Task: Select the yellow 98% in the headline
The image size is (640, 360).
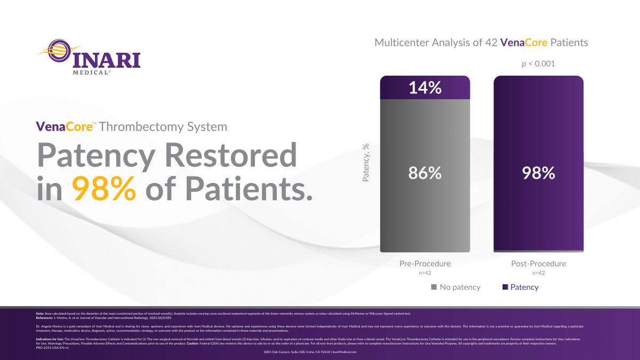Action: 103,189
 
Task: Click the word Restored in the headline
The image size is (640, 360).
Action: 230,156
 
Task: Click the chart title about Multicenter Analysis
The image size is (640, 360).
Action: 481,43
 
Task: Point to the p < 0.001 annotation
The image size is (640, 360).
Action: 538,63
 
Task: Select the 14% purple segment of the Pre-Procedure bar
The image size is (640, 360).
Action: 425,87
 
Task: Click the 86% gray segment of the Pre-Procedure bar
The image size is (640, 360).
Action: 425,173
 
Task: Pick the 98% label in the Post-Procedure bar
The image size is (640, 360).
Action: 538,173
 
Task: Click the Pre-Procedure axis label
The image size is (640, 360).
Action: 425,263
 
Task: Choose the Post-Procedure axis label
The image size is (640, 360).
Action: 538,263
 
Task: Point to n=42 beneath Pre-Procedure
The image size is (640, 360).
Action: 425,273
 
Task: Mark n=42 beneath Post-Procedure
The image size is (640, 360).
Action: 538,273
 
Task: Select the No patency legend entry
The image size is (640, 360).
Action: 456,287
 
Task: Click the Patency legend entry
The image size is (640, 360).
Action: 521,287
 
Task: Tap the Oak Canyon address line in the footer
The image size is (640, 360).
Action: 310,352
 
